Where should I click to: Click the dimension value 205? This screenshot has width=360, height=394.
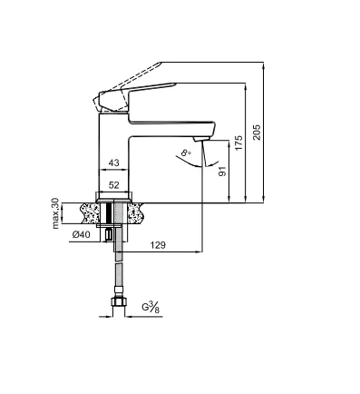click(257, 132)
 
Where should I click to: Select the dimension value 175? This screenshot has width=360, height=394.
click(238, 143)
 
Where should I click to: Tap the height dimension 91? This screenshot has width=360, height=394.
click(222, 172)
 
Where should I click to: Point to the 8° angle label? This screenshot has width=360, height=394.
click(186, 153)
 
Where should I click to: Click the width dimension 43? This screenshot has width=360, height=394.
click(113, 163)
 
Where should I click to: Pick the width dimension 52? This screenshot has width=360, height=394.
click(113, 185)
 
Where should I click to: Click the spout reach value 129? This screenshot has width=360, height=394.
click(158, 245)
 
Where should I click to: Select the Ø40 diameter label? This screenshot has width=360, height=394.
click(81, 234)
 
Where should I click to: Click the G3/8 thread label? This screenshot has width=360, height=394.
click(151, 308)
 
